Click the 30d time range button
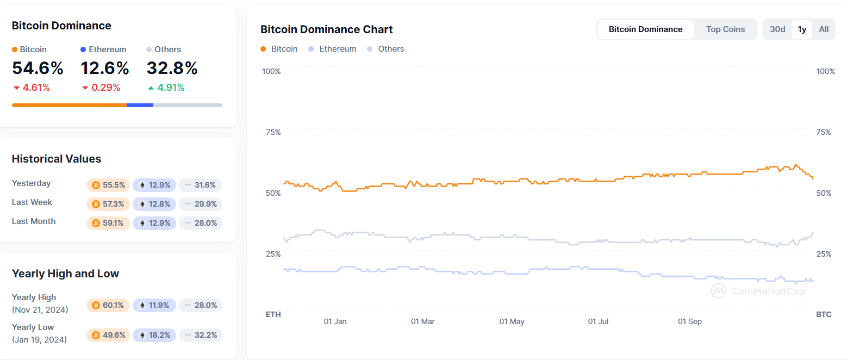point(777,29)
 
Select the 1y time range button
point(802,29)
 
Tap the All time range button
point(824,29)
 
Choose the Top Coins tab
point(725,29)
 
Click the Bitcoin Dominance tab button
point(645,29)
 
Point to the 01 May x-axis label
point(512,321)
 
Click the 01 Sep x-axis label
point(689,321)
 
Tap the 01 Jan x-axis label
point(335,321)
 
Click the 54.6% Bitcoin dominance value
point(38,69)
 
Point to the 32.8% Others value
point(172,69)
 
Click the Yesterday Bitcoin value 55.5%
point(108,185)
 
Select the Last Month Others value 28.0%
point(201,223)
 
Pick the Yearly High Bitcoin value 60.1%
point(108,305)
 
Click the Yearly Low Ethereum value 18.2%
point(154,335)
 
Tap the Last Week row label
point(32,202)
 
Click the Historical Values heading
point(57,159)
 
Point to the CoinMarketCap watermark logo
point(758,291)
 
